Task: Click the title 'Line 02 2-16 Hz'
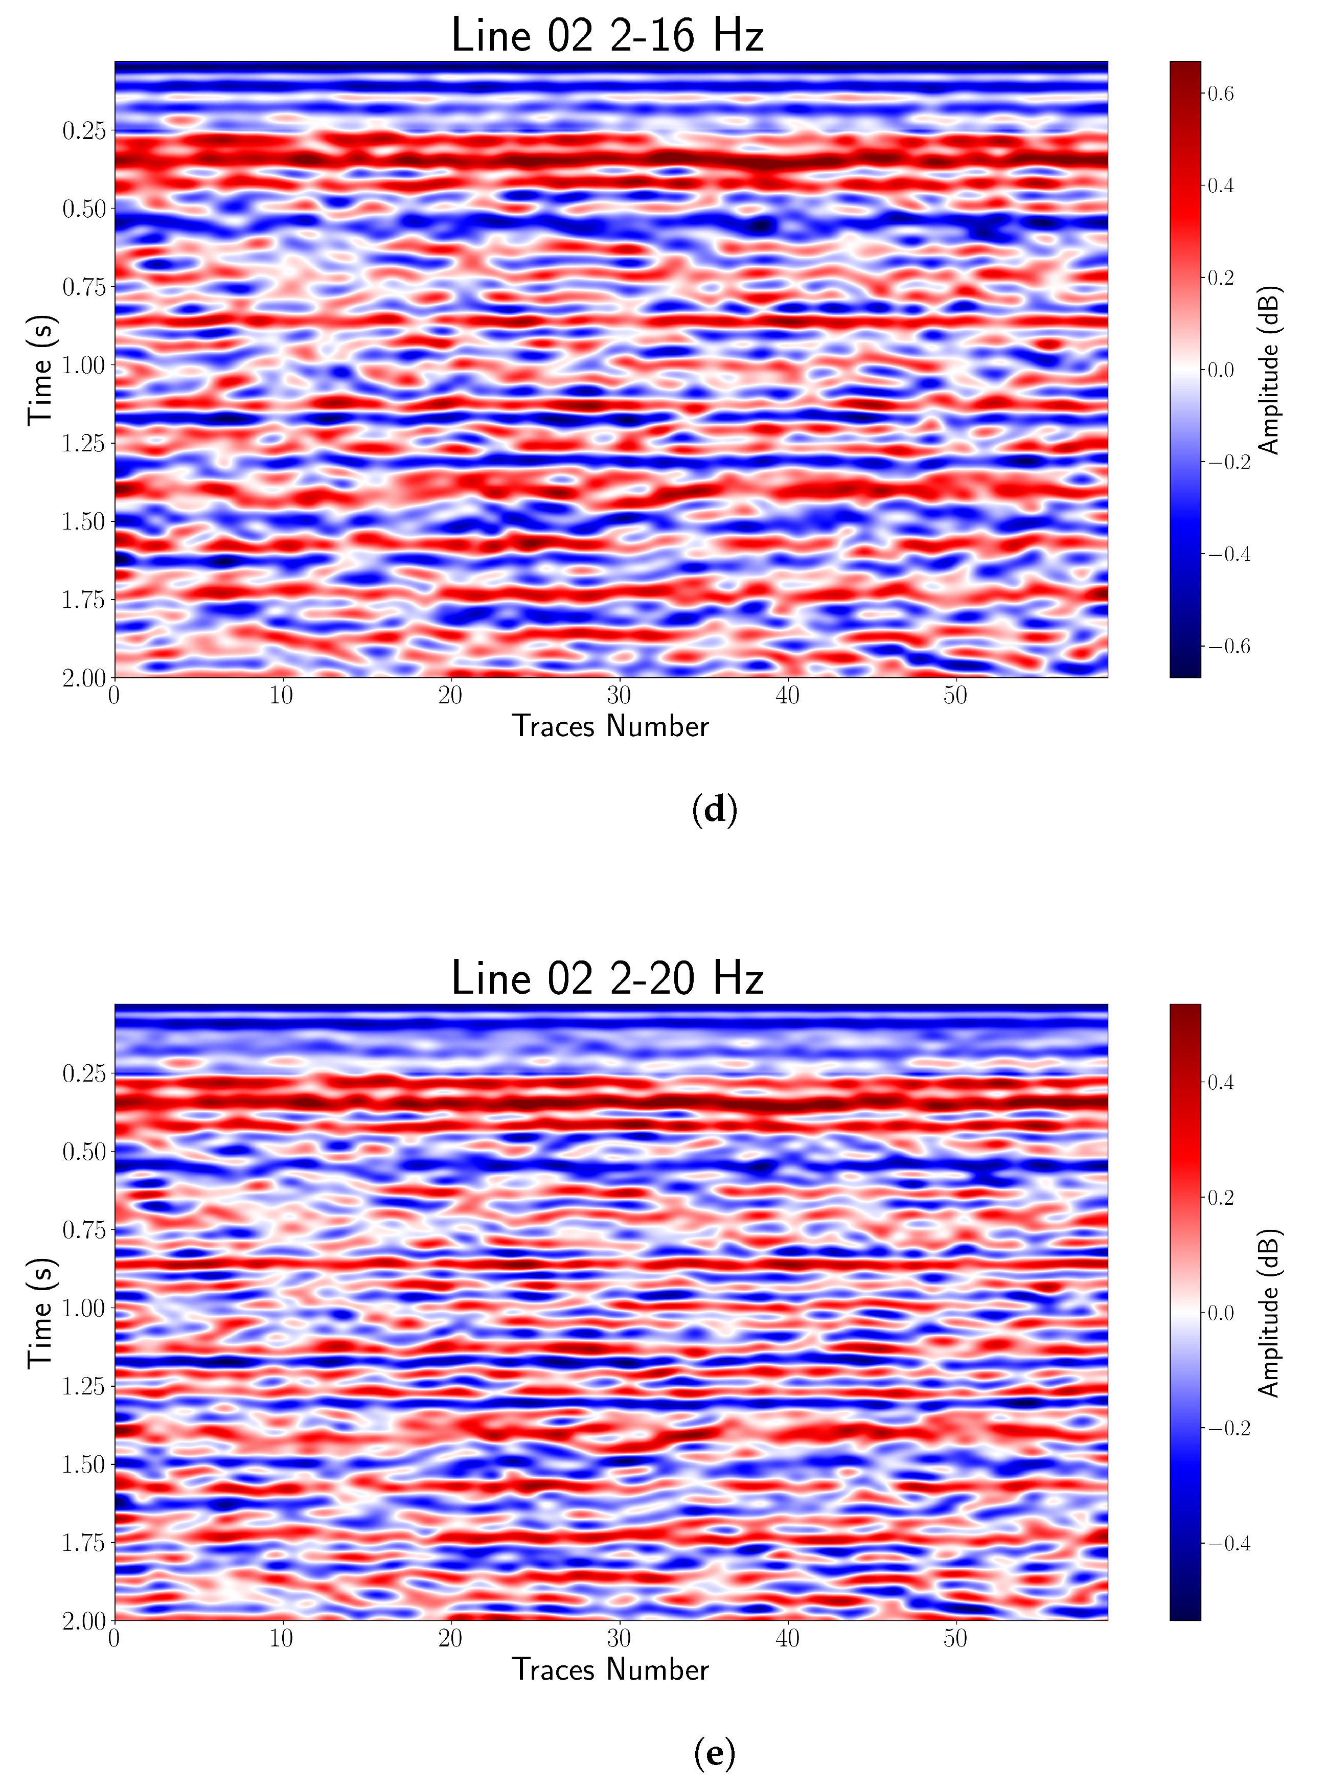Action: [x=607, y=36]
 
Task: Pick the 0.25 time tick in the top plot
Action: [x=84, y=131]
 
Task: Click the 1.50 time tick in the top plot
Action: [x=84, y=522]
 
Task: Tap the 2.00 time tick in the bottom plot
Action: [x=84, y=1621]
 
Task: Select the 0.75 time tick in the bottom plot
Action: [x=84, y=1230]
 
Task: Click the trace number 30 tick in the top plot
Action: [x=619, y=695]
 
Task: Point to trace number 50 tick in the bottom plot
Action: [x=955, y=1638]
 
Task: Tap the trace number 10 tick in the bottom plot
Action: [x=282, y=1638]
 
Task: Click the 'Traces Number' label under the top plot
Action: [x=611, y=726]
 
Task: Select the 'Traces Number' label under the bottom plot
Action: [x=611, y=1669]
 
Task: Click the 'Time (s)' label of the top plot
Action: [x=40, y=370]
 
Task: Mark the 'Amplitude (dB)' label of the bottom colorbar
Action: [x=1269, y=1313]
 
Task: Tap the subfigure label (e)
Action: [x=714, y=1753]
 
